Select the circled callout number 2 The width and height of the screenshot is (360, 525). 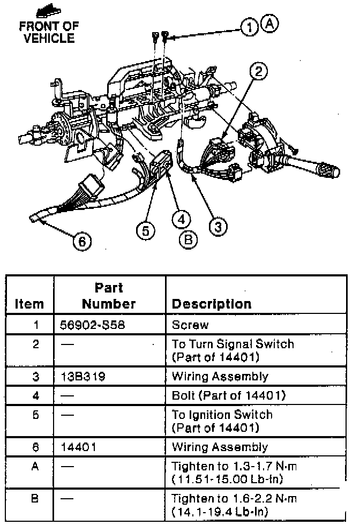(259, 72)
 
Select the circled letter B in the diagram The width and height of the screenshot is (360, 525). (188, 240)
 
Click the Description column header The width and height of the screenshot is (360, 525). (211, 304)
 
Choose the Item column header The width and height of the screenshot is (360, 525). (29, 304)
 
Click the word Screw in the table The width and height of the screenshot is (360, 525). (190, 325)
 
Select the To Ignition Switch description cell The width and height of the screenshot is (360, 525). (222, 421)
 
